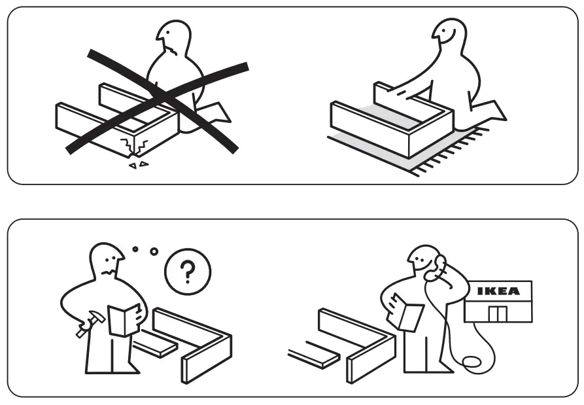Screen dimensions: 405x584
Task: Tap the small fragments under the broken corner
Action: click(136, 166)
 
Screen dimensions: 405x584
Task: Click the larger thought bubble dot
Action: click(154, 252)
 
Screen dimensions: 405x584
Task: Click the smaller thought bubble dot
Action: click(134, 249)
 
